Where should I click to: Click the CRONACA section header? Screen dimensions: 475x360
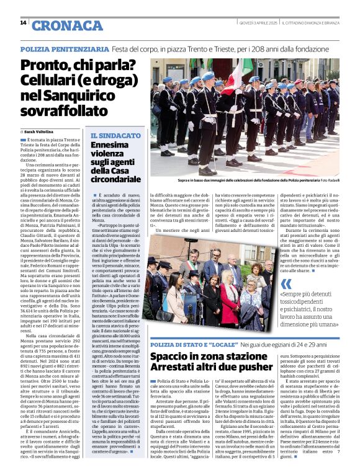(58, 25)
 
